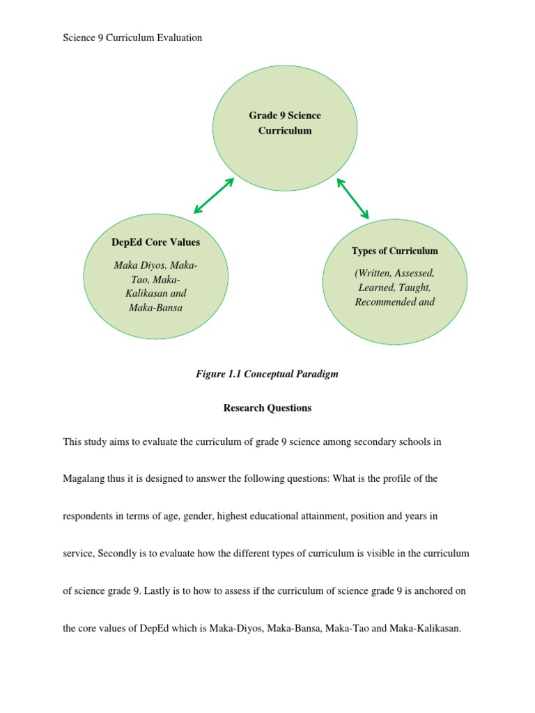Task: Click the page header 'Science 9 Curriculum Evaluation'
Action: pos(132,38)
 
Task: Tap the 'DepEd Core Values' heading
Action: pos(155,242)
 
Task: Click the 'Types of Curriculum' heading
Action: pos(394,251)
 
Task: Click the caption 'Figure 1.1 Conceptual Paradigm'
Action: pos(267,374)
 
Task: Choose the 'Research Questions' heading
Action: pos(267,408)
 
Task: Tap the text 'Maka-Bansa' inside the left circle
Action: pos(155,307)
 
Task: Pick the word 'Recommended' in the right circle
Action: pos(385,301)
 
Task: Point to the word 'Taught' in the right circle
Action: pos(415,287)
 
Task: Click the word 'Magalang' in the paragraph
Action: pos(87,479)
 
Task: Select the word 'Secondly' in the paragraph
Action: pos(116,553)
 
